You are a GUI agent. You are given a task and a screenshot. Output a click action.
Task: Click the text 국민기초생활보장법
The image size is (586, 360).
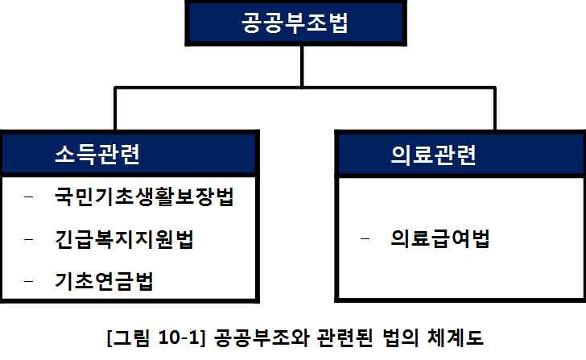click(144, 198)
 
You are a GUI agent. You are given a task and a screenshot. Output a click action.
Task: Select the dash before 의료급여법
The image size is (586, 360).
click(368, 239)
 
